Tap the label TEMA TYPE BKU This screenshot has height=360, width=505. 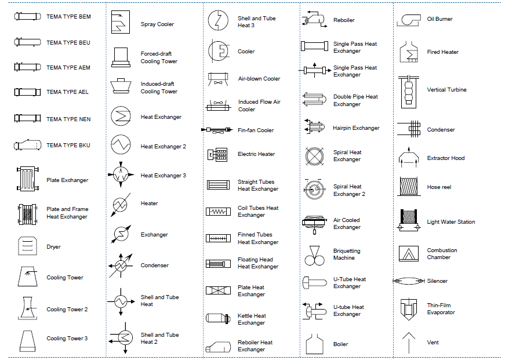[68, 145]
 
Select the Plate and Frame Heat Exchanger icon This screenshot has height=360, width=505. [27, 213]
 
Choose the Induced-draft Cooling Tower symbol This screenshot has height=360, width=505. [121, 86]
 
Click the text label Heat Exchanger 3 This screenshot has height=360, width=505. [163, 175]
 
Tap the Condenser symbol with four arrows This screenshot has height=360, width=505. [120, 265]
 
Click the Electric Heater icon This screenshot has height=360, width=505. [217, 154]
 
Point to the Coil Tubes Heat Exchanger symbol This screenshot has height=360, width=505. [218, 212]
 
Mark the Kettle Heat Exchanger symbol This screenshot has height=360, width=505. [217, 318]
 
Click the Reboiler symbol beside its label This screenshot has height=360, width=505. [314, 20]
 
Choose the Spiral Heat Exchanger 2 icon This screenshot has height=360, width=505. [314, 190]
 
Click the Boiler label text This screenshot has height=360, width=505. [340, 344]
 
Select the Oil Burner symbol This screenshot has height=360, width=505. [409, 19]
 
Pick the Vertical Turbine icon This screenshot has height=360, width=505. [409, 90]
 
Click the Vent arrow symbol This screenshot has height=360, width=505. [409, 342]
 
